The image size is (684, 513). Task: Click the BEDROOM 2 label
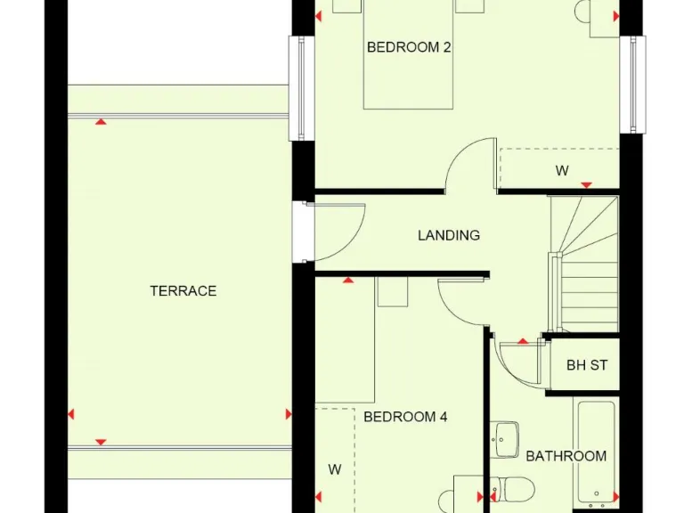[x=409, y=47]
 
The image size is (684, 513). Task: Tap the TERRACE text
[x=183, y=291]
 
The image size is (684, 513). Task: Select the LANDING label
[x=449, y=235]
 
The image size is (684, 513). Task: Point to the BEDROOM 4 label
[x=405, y=417]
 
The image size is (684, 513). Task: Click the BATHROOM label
[x=566, y=456]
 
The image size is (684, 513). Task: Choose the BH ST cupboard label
[x=587, y=365]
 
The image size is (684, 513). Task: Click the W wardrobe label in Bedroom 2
[x=562, y=171]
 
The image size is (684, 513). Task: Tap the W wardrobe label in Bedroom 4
[x=335, y=469]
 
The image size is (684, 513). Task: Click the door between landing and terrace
[x=337, y=232]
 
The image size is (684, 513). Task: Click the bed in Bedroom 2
[x=408, y=62]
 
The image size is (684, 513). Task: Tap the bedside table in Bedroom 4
[x=391, y=291]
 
